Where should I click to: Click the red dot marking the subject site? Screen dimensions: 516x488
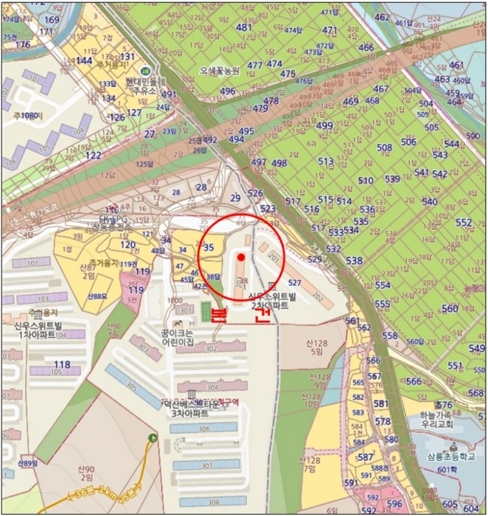point(241,256)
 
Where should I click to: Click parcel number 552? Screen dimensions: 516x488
point(464,223)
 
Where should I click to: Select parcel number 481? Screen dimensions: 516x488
point(244,27)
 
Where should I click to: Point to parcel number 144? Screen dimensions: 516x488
point(84,60)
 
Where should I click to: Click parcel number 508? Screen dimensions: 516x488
point(385,147)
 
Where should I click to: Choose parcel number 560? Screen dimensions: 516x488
point(450,308)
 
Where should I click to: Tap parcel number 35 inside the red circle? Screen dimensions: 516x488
point(209,248)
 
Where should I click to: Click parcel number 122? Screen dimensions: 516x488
point(94,156)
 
